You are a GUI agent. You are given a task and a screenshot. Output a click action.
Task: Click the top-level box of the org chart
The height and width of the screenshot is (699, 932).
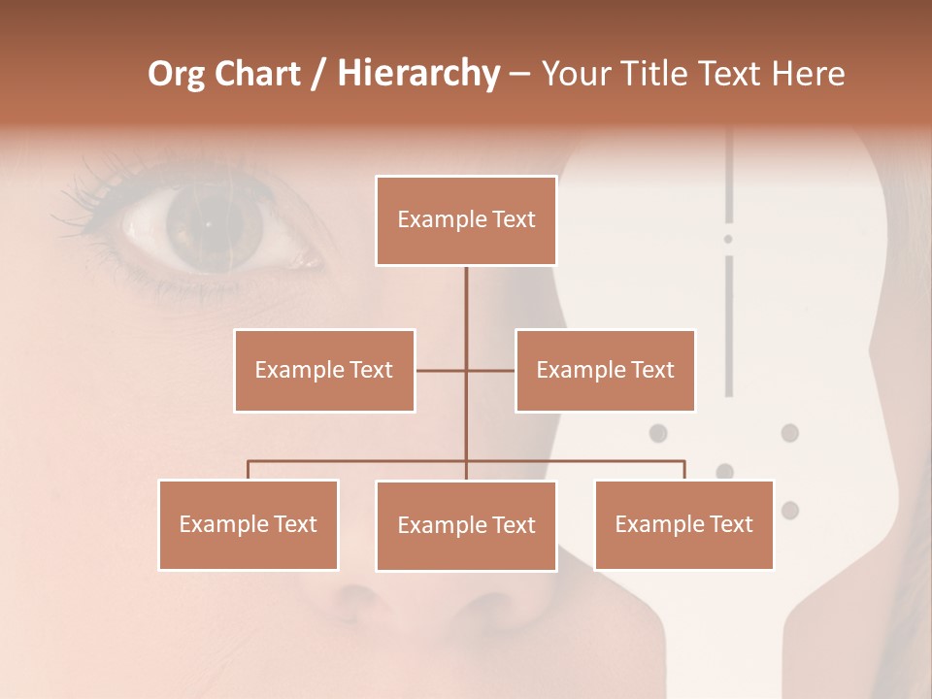(x=466, y=220)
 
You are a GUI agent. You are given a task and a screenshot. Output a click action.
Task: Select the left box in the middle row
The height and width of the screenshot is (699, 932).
(x=324, y=370)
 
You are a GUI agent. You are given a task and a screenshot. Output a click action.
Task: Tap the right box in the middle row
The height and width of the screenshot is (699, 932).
(x=605, y=370)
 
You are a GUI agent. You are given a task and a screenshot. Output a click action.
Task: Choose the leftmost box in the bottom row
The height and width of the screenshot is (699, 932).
(x=249, y=524)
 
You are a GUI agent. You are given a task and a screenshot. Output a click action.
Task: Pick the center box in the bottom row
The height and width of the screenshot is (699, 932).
(x=466, y=525)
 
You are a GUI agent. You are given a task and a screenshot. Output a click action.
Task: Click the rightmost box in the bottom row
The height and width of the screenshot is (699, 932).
(x=683, y=524)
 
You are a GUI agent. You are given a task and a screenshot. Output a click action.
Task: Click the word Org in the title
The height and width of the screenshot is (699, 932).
(x=176, y=74)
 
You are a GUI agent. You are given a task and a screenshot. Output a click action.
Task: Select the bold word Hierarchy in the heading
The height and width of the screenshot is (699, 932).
(x=417, y=74)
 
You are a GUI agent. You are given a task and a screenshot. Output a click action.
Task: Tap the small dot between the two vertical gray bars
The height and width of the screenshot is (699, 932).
(x=728, y=239)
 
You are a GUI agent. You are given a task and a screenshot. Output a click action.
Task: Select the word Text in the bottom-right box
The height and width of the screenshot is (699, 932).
(x=731, y=524)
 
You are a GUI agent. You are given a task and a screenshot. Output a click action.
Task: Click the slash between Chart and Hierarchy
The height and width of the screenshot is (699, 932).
(x=317, y=74)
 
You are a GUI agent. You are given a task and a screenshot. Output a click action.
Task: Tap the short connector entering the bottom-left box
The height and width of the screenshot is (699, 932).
(x=249, y=470)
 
